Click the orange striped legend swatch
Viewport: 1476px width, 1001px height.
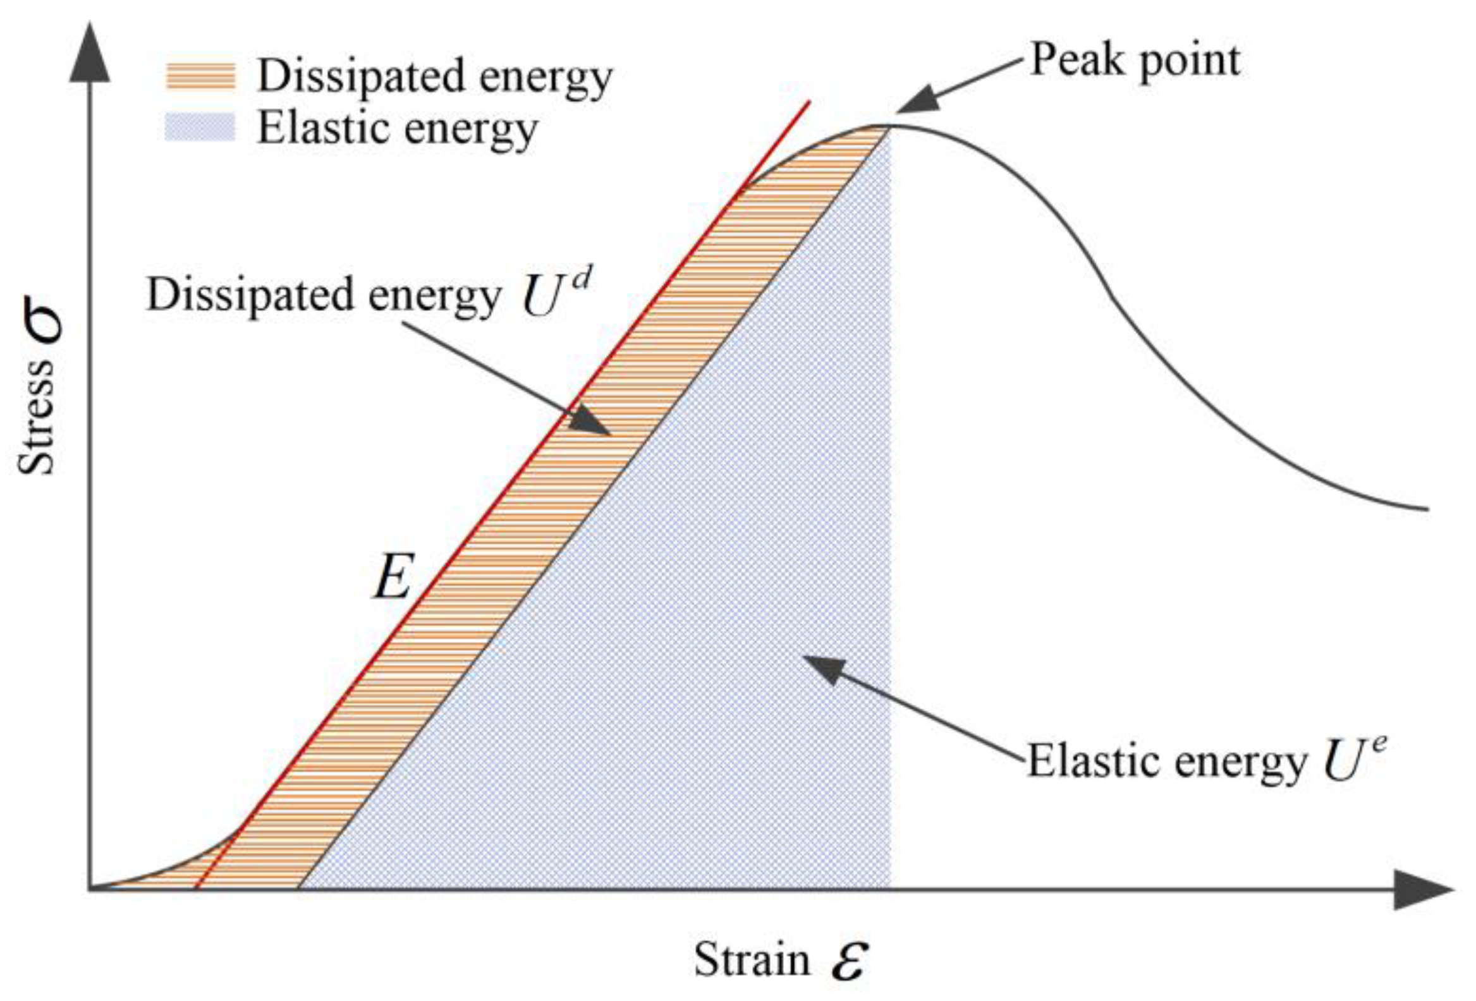pyautogui.click(x=200, y=77)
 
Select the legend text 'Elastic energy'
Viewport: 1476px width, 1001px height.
pyautogui.click(x=397, y=129)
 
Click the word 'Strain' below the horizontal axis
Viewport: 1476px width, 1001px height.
pyautogui.click(x=752, y=960)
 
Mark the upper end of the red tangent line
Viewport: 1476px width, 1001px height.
pyautogui.click(x=809, y=102)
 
